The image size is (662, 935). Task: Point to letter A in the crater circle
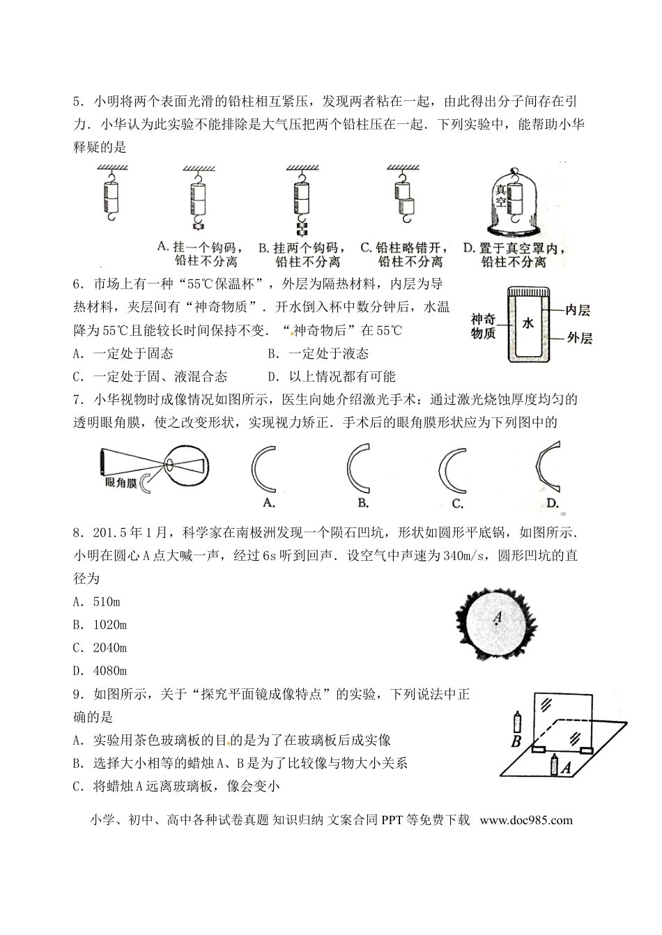[x=497, y=616]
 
